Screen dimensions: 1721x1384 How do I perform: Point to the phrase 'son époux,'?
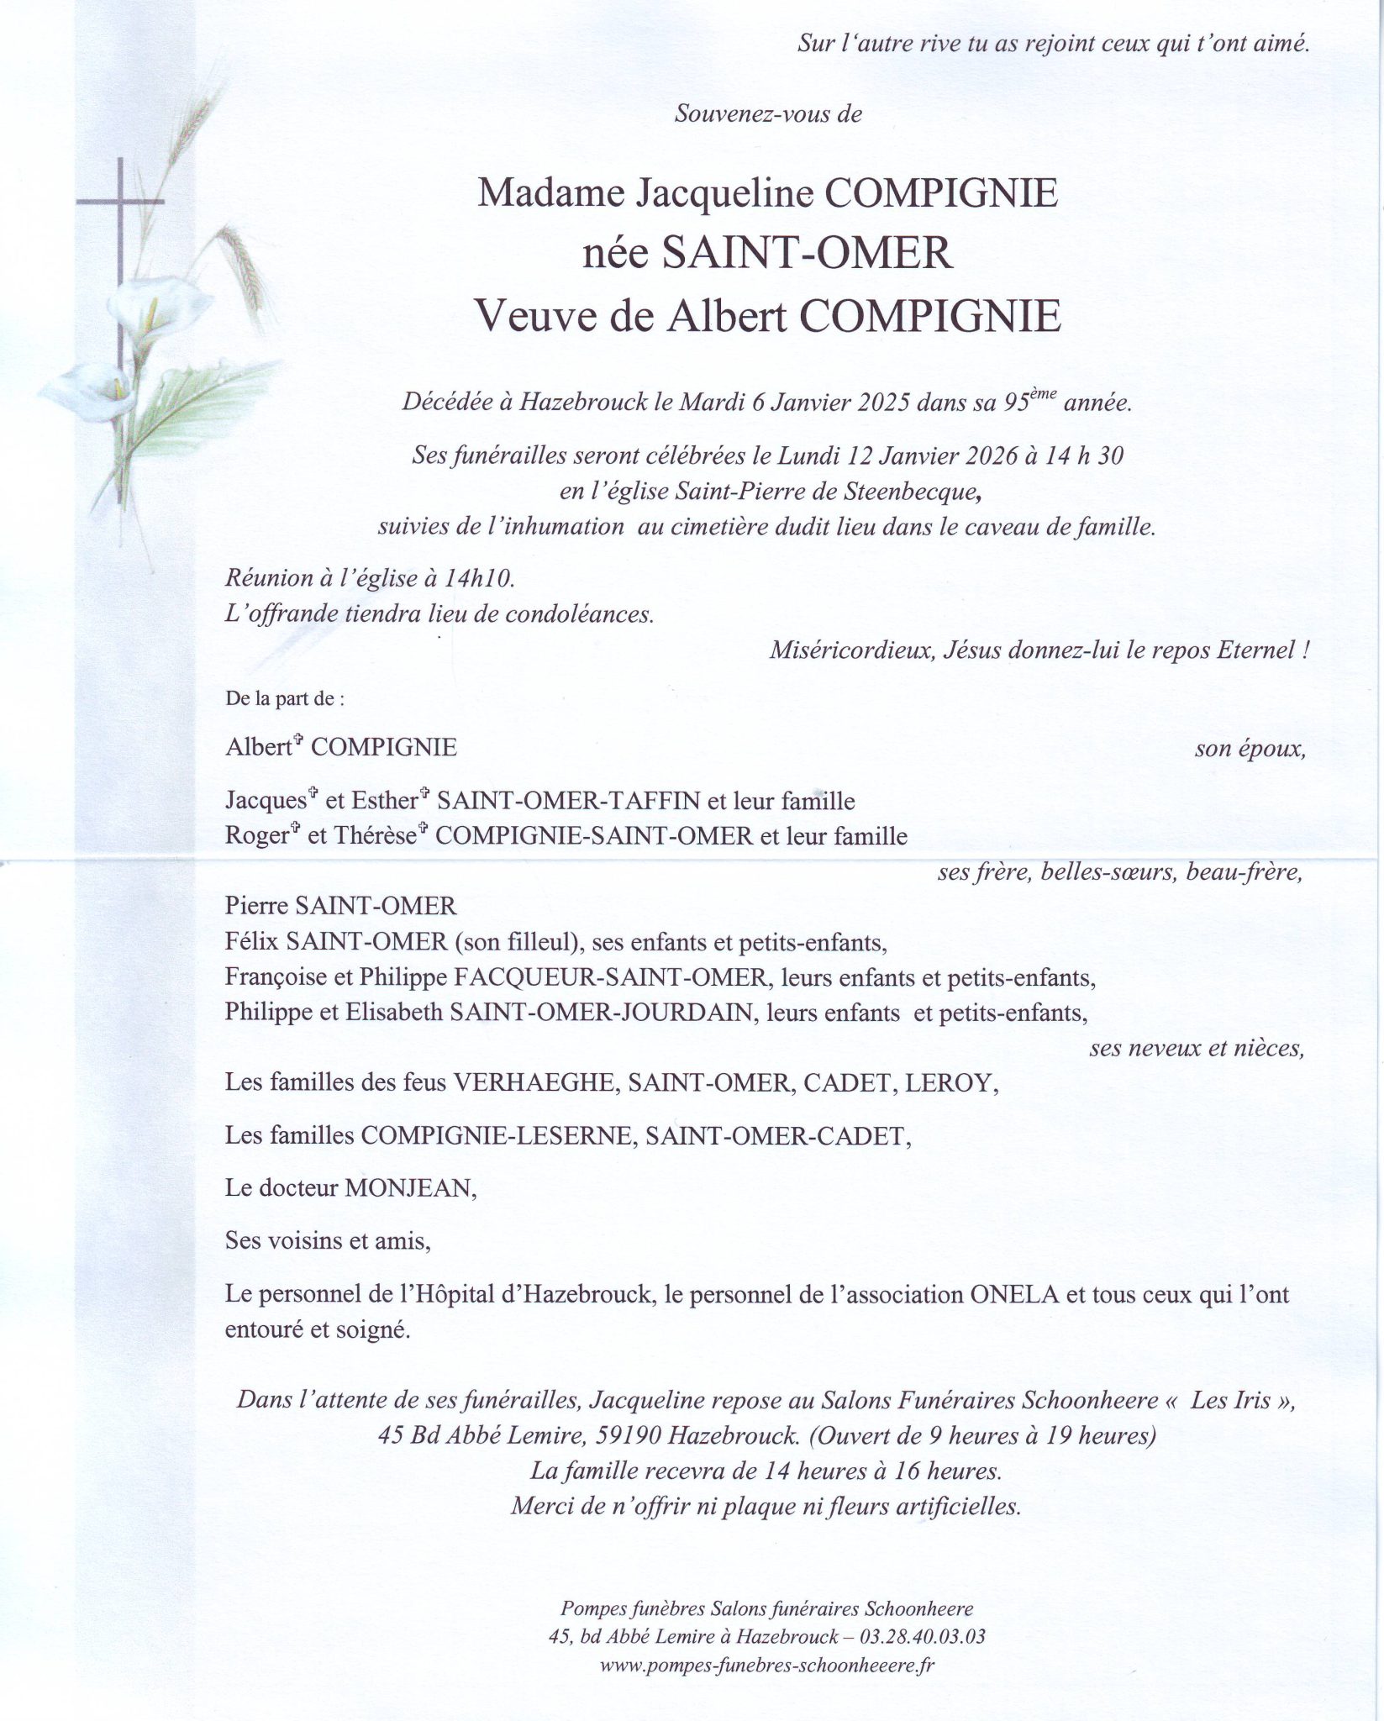click(1250, 749)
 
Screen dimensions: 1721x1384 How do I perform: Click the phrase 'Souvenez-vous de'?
click(768, 113)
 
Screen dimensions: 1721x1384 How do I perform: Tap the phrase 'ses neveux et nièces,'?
click(1197, 1048)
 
